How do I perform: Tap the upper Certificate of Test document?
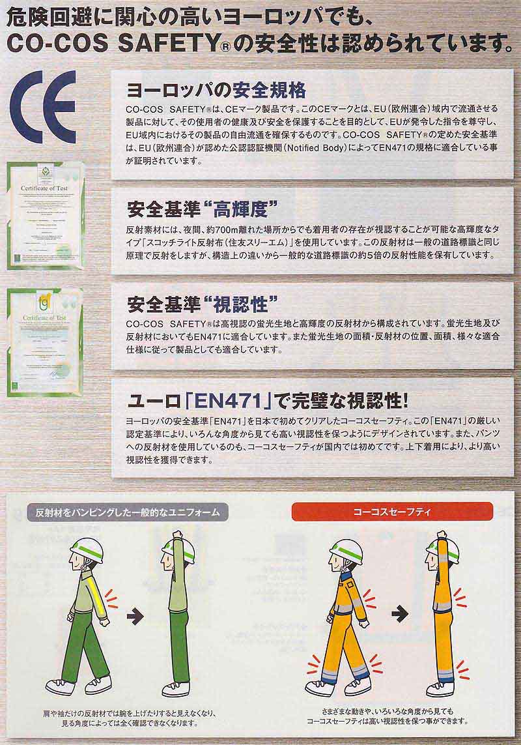45,216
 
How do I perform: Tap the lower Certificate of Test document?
45,342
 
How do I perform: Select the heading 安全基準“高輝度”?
202,209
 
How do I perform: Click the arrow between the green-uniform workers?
134,613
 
